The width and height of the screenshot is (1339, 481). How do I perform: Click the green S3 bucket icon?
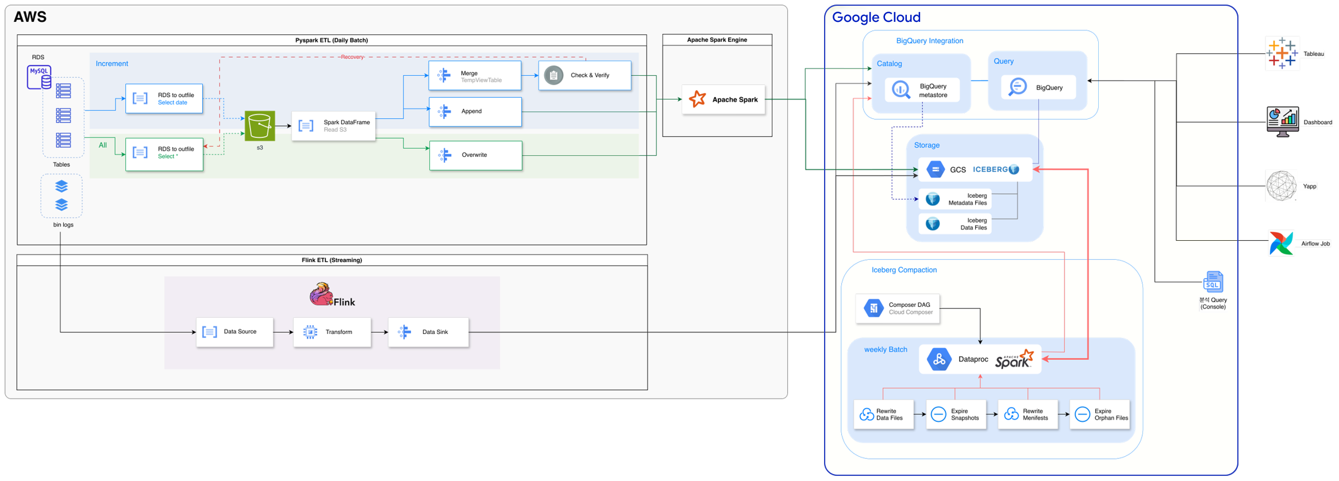click(x=260, y=126)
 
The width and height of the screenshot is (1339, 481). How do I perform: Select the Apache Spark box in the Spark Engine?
click(x=723, y=99)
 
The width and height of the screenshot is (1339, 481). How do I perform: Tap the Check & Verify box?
click(x=584, y=75)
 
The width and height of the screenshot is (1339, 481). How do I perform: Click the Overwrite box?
click(x=476, y=155)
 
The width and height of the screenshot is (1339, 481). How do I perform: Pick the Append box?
click(x=475, y=111)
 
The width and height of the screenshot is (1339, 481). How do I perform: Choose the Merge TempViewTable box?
click(x=475, y=76)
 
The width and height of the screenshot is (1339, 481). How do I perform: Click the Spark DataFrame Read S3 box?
click(x=334, y=126)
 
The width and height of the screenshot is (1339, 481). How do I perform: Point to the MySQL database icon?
click(x=39, y=77)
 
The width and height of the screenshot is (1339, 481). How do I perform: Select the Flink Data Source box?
click(x=234, y=332)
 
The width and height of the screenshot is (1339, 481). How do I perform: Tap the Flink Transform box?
click(x=332, y=332)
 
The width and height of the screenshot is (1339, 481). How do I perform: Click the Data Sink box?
click(x=429, y=332)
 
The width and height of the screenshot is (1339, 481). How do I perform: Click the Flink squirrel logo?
click(x=321, y=294)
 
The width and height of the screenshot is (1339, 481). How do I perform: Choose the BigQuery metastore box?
click(x=922, y=90)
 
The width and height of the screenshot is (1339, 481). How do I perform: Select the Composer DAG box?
click(x=898, y=309)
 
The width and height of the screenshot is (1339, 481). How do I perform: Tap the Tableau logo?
click(x=1282, y=53)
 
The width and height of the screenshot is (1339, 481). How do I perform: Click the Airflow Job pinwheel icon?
click(x=1281, y=243)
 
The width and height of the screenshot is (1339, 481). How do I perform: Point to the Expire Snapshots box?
click(x=956, y=414)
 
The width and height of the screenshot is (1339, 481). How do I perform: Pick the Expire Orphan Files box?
click(x=1099, y=414)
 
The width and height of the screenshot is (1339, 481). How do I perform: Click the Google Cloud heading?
click(x=876, y=17)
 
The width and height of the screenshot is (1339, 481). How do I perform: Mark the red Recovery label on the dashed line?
click(x=352, y=57)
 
